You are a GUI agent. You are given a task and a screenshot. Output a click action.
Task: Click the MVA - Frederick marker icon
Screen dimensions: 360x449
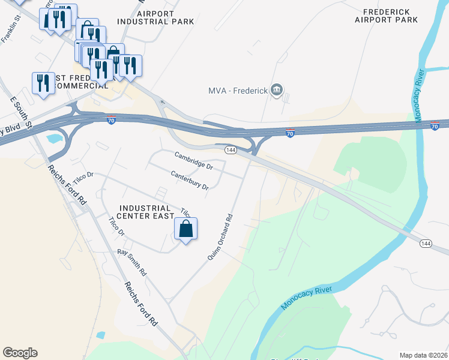coord(277,91)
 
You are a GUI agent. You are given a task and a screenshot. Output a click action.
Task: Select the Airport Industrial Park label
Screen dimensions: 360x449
coord(155,17)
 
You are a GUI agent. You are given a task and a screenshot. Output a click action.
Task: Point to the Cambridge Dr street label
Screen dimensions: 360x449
coord(194,160)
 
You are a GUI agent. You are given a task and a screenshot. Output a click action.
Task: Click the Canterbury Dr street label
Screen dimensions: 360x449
coord(189,180)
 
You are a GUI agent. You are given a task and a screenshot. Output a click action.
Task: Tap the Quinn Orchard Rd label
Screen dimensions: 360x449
coord(220,238)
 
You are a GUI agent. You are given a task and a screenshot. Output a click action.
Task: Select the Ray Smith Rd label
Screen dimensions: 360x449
coord(131,262)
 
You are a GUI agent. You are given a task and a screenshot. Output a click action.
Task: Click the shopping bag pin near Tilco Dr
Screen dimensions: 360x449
coord(186,229)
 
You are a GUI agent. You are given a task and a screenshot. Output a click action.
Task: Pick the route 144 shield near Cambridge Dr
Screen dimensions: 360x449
coord(230,149)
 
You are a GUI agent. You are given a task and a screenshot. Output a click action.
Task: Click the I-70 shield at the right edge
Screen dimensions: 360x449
coord(435,126)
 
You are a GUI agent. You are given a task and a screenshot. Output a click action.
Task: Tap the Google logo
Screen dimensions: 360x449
coord(20,353)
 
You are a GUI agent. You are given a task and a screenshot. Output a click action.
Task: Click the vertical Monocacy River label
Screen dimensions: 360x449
coord(419,88)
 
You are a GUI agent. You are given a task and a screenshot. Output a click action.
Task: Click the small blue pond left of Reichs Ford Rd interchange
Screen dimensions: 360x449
coord(53,139)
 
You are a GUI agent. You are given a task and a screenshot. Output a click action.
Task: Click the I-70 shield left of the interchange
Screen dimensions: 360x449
coord(112,121)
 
